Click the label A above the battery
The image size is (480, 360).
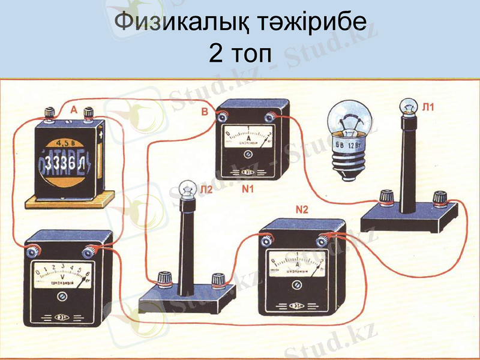coord(74,110)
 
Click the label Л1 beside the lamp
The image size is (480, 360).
coord(428,108)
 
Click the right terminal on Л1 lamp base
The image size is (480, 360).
coord(442,196)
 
